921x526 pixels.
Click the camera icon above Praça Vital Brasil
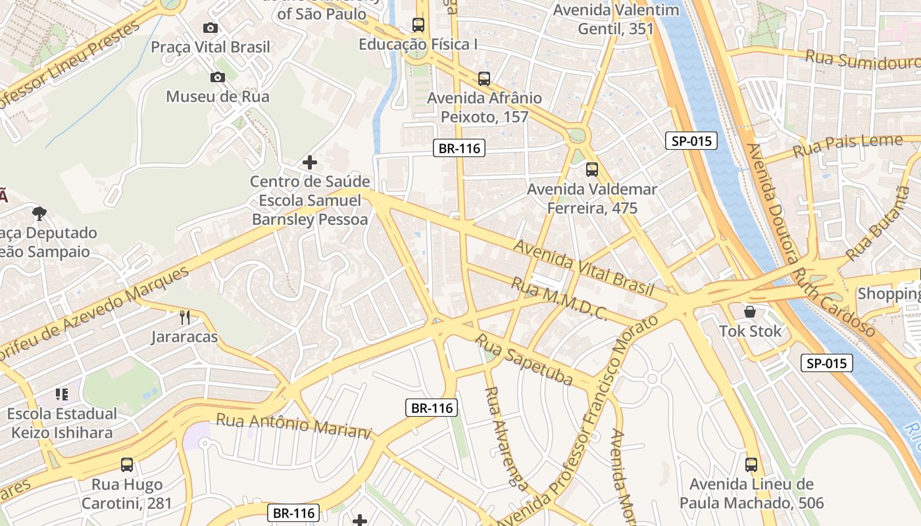click(211, 28)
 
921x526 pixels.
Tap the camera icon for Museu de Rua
click(218, 78)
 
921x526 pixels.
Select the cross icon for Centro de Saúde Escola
click(309, 162)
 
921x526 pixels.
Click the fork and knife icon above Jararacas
click(185, 318)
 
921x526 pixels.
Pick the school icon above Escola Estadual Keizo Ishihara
click(62, 394)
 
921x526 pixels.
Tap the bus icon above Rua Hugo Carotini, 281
click(127, 465)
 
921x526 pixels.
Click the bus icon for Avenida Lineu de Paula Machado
click(751, 465)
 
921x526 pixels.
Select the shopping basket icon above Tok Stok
click(750, 311)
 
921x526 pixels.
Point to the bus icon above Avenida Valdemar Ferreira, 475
click(592, 170)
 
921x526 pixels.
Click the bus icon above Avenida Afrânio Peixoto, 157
click(484, 79)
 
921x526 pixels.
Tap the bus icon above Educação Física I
click(418, 25)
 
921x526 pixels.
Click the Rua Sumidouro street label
click(862, 60)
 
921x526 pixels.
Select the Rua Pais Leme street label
click(847, 146)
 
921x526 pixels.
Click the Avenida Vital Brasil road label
click(584, 268)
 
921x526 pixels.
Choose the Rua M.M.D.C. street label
click(559, 299)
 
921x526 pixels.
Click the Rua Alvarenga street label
click(505, 438)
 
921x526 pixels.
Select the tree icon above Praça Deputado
click(39, 213)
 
